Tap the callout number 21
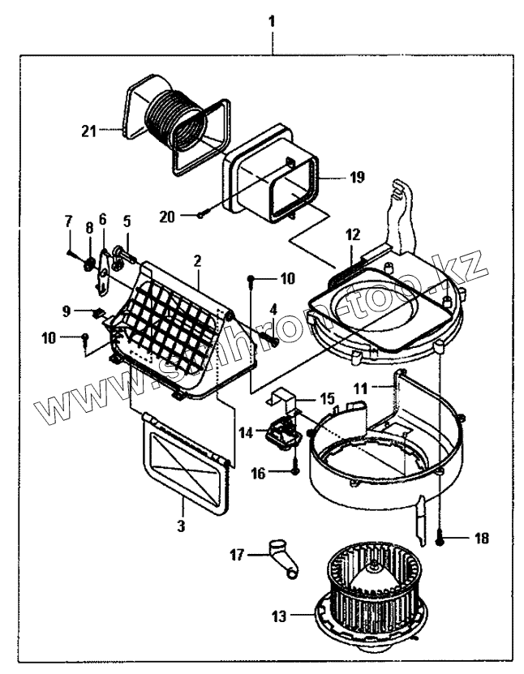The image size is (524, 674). click(x=89, y=129)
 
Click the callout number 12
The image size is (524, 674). click(x=351, y=234)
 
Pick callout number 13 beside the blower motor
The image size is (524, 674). click(x=279, y=616)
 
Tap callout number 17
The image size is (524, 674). click(x=237, y=556)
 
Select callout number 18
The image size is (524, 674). click(x=481, y=537)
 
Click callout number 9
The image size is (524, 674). click(x=68, y=311)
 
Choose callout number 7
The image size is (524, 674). click(x=68, y=221)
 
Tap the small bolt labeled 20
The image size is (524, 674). click(x=202, y=215)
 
